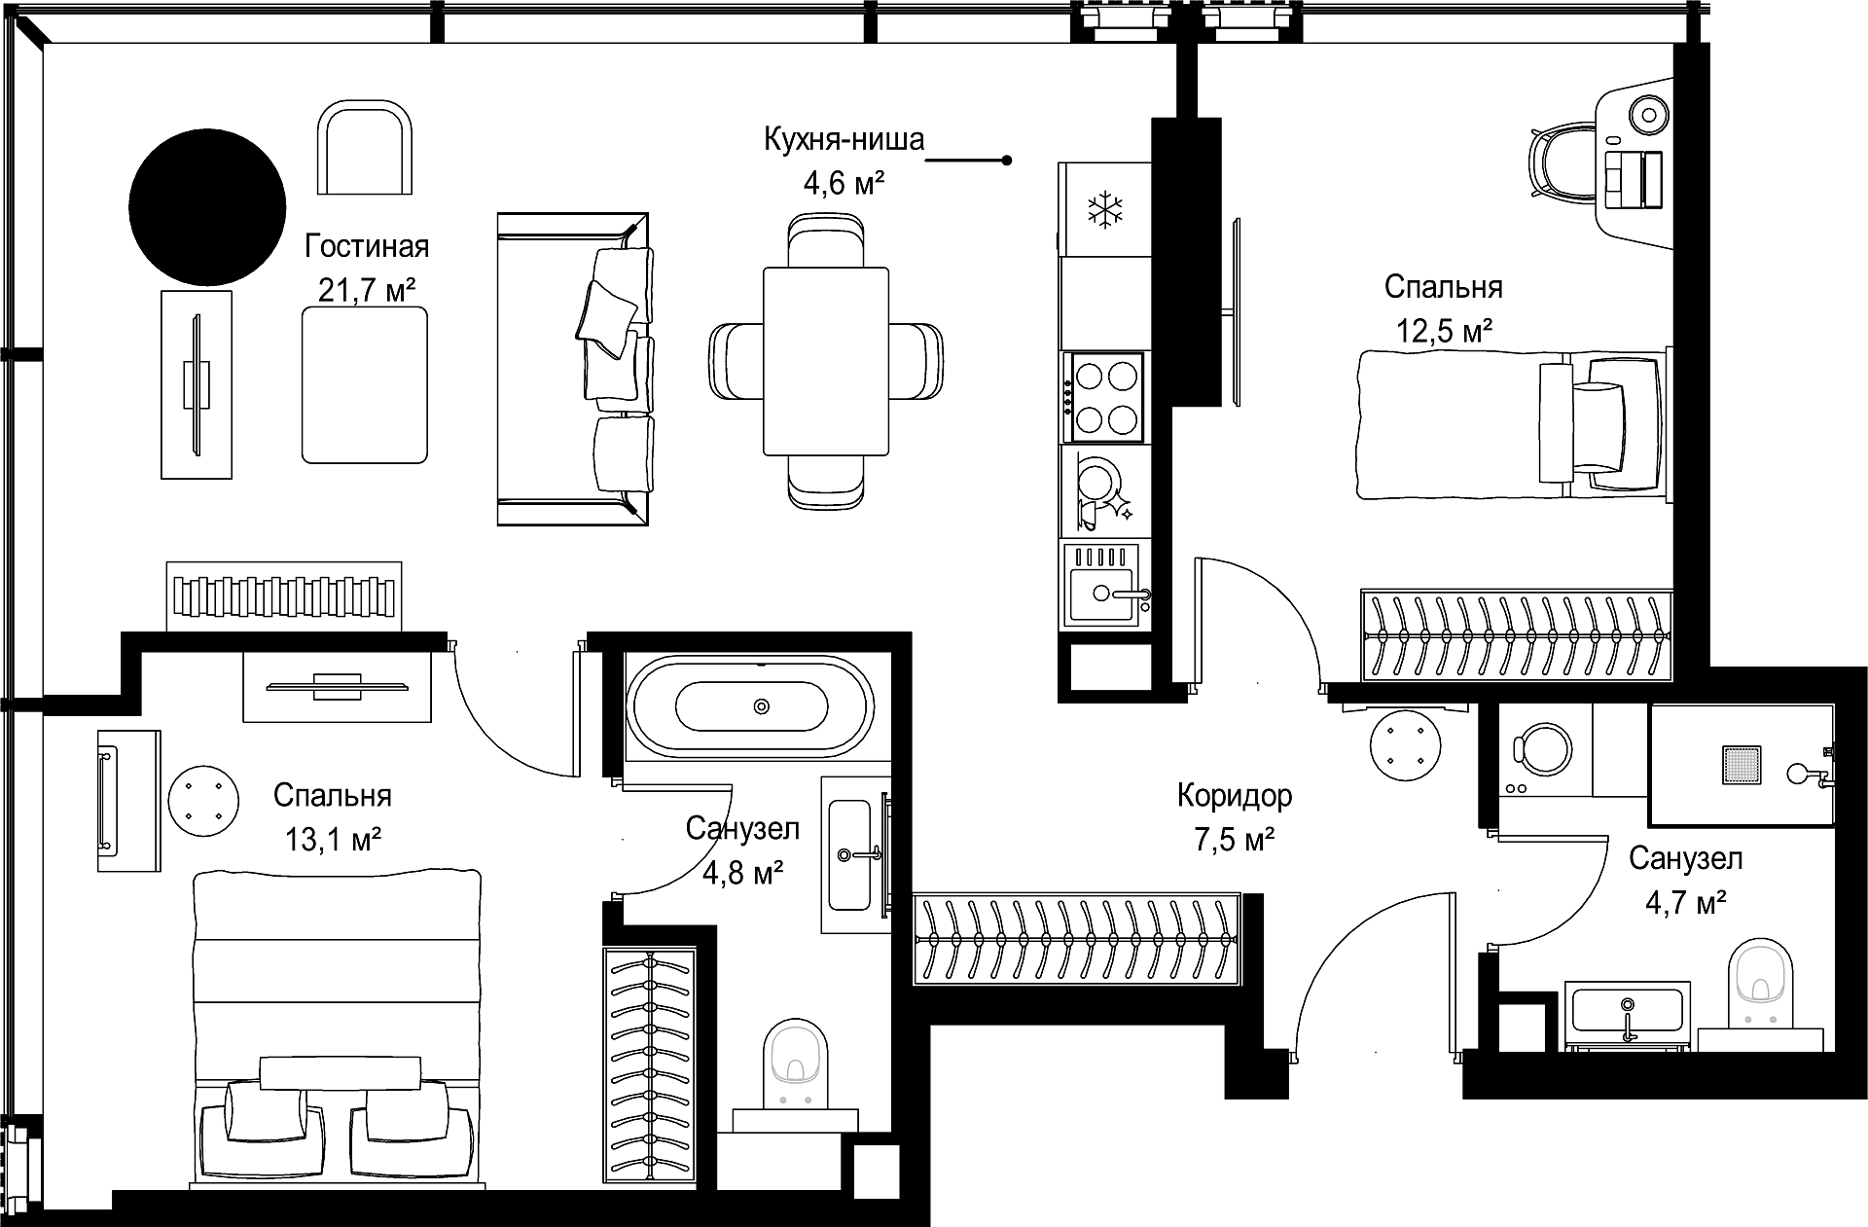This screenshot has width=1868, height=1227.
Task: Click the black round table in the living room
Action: (207, 207)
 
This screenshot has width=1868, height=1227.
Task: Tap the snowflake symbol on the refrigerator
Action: (1105, 210)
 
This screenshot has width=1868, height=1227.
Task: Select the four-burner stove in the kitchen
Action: (1106, 396)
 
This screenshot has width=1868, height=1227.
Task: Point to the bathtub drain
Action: (762, 706)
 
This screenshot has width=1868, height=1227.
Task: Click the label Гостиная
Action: (367, 247)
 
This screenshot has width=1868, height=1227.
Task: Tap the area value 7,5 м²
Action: (1235, 839)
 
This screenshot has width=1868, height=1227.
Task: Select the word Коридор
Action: (1235, 796)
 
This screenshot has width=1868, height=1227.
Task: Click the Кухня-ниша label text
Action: (844, 140)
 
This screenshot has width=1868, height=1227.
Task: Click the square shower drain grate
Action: (1742, 766)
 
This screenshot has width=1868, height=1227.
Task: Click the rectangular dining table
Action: (827, 361)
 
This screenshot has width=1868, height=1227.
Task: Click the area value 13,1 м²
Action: (333, 839)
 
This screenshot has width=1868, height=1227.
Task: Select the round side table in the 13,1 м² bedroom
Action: (202, 803)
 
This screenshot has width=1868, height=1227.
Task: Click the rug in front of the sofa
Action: (365, 384)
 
